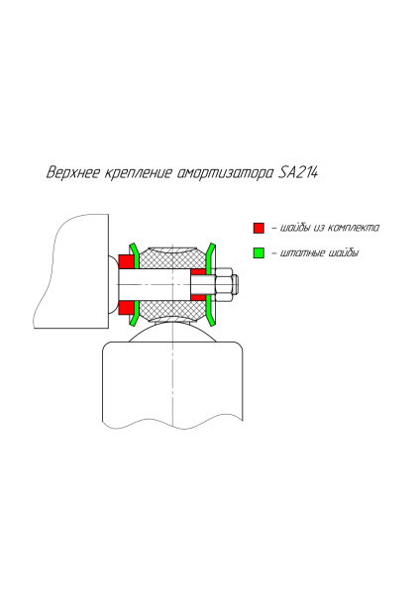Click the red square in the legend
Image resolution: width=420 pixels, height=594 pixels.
point(259,227)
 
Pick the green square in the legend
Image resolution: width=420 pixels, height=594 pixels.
point(259,252)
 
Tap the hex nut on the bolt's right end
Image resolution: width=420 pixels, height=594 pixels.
point(226,286)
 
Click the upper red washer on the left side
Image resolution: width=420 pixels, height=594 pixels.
point(127,262)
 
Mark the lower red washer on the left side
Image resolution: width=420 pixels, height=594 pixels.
point(127,310)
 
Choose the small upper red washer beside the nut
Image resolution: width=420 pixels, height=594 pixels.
point(198,271)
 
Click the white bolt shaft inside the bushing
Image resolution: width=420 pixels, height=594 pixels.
point(158,286)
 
